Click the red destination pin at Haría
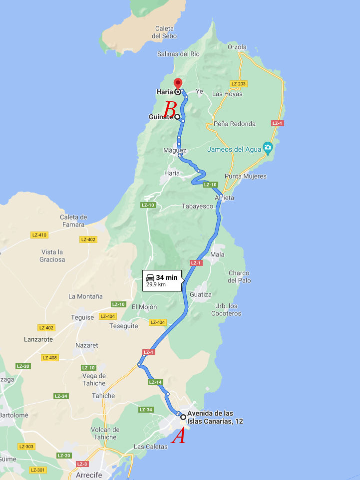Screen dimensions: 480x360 (x=177, y=84)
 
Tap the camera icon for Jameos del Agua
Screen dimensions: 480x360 (x=268, y=147)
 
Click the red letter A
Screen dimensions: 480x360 (x=178, y=437)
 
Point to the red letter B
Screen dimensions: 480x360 (x=170, y=108)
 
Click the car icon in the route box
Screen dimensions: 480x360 (x=150, y=277)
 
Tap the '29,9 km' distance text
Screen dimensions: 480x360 (x=156, y=285)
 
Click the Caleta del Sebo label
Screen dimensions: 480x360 (x=164, y=32)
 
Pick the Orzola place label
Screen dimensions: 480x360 (x=237, y=47)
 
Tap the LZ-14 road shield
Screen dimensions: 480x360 (x=155, y=382)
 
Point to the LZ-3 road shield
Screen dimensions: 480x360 (x=82, y=464)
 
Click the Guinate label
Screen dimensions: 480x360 (x=161, y=117)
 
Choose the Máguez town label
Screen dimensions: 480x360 (x=175, y=150)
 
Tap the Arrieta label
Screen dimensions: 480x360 (x=224, y=198)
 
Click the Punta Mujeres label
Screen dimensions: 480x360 (x=245, y=176)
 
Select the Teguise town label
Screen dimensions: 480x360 (x=82, y=317)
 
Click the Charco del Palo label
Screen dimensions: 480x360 (x=239, y=276)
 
